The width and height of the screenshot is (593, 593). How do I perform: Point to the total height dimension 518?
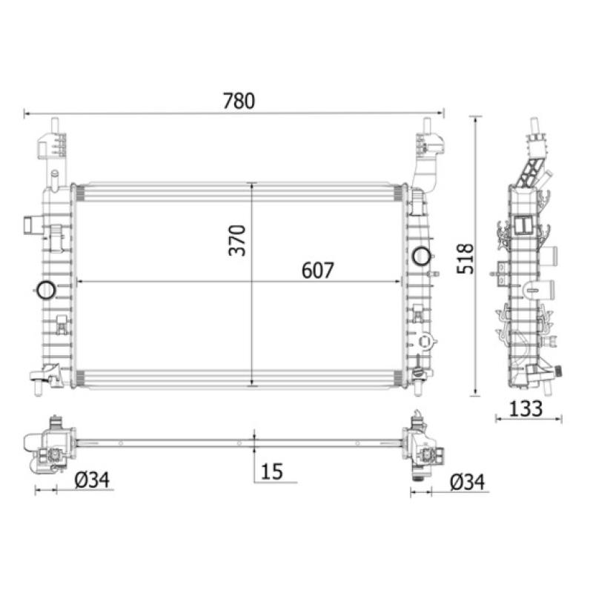tap(465, 257)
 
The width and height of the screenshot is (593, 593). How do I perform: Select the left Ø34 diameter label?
tap(93, 481)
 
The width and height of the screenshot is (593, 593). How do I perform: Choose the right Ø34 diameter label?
tap(468, 482)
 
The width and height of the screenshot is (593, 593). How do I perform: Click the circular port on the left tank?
tap(45, 289)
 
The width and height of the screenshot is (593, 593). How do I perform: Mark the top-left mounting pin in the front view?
tap(54, 126)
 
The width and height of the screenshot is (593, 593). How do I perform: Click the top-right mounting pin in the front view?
tap(427, 126)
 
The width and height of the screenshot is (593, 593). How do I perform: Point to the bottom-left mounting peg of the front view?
tap(35, 385)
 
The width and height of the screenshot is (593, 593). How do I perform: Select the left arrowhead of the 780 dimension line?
tap(27, 113)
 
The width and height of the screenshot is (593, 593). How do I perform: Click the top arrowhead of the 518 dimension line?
tap(475, 119)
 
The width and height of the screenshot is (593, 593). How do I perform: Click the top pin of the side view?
tap(533, 126)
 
